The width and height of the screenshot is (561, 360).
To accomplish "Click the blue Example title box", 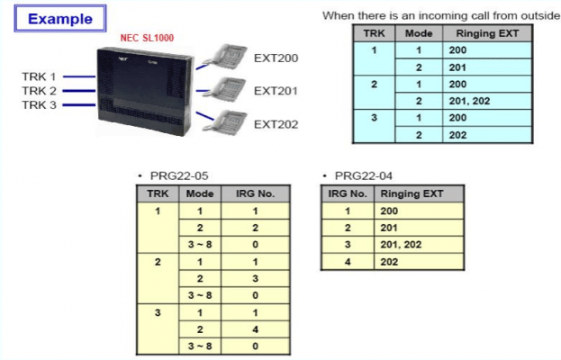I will [60, 18].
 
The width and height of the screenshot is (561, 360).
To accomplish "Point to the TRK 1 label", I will [39, 76].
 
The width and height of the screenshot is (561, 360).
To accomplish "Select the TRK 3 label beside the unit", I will [39, 105].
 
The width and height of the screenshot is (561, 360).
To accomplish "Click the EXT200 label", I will [276, 58].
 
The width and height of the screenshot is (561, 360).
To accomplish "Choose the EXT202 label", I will [276, 123].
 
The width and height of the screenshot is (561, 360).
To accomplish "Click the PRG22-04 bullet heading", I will [358, 175].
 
